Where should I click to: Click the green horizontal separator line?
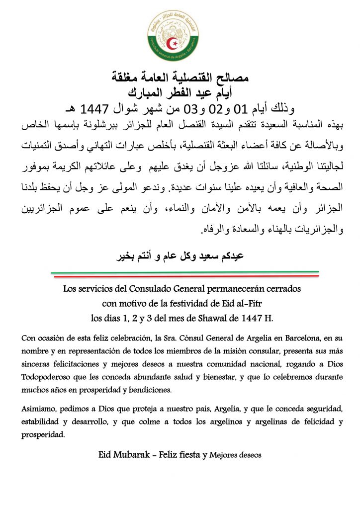(184, 272)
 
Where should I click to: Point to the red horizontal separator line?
(184, 275)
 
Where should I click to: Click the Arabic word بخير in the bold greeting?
(125, 257)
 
